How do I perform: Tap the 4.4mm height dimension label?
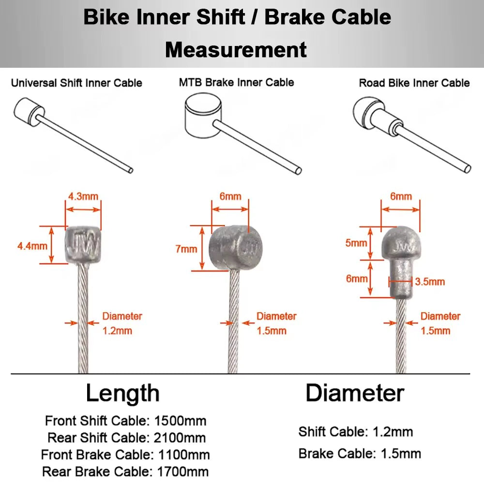32,245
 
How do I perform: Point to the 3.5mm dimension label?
430,281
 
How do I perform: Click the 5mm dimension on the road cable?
356,242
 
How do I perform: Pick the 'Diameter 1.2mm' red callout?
122,323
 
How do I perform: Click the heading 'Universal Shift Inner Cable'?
76,83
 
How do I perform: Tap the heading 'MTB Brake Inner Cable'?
236,82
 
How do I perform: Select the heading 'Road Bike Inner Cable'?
414,83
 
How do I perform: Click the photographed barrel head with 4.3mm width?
83,245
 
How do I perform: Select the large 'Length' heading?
122,393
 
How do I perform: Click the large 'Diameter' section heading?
355,393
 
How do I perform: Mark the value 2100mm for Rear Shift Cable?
179,438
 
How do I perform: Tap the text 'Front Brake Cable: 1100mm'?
125,454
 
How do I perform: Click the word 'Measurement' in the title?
236,49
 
